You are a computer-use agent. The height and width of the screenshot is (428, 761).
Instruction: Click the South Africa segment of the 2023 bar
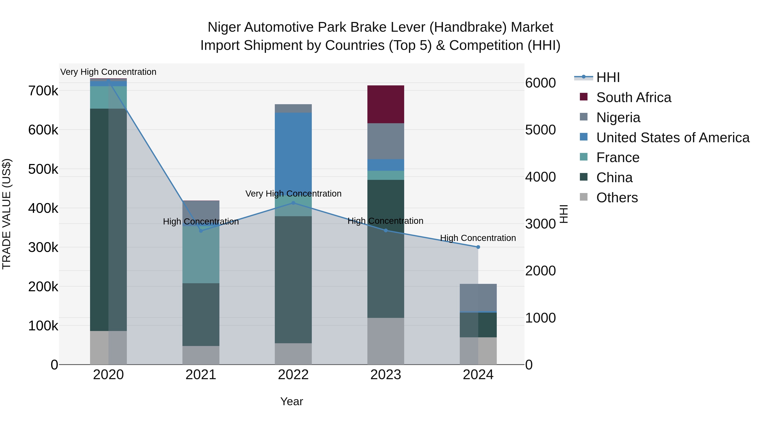coord(386,104)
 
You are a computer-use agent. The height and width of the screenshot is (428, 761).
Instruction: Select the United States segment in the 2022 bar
coord(293,151)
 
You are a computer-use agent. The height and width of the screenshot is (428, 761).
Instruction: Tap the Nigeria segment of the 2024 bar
coord(478,297)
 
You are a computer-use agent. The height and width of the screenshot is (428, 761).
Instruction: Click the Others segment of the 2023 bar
coord(386,341)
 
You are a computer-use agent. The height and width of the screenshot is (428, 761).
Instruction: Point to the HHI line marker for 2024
coord(478,247)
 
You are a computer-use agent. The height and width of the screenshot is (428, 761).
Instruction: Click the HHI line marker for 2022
coord(293,203)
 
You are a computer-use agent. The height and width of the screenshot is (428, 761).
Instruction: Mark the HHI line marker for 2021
coord(201,231)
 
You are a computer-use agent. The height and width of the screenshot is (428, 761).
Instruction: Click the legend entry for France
coord(617,157)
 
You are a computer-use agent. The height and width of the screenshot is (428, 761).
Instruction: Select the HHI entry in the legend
coord(608,77)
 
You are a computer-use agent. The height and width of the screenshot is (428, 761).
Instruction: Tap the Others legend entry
coord(617,198)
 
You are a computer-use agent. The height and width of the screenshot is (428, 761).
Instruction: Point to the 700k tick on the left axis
coord(43,91)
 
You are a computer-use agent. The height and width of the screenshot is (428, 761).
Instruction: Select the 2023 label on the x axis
coord(386,375)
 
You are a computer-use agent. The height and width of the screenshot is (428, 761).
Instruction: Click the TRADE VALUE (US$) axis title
coord(7,214)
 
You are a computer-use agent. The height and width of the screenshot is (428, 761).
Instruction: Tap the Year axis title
coord(292,401)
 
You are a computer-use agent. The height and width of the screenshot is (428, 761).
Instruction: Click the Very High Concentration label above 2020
coord(108,72)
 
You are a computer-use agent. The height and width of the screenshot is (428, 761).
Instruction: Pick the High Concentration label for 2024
coord(478,238)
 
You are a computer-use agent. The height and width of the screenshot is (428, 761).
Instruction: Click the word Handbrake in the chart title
coord(468,27)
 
